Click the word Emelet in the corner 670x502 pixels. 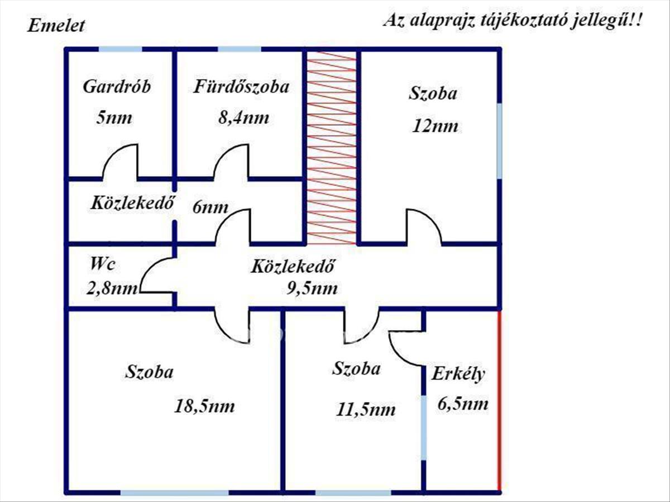pyautogui.click(x=56, y=26)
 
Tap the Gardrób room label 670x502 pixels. pyautogui.click(x=117, y=86)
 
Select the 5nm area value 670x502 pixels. pyautogui.click(x=114, y=117)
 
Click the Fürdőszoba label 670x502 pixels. pyautogui.click(x=241, y=86)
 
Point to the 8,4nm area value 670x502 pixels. pyautogui.click(x=243, y=118)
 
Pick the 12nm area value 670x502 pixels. pyautogui.click(x=435, y=126)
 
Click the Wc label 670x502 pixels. pyautogui.click(x=103, y=264)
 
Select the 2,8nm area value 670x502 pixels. pyautogui.click(x=112, y=288)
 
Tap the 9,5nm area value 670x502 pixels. pyautogui.click(x=312, y=288)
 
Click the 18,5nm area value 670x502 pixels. pyautogui.click(x=204, y=406)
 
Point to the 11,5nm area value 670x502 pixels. pyautogui.click(x=366, y=409)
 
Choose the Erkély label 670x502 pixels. pyautogui.click(x=458, y=374)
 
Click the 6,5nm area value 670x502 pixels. pyautogui.click(x=463, y=404)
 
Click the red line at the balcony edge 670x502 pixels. pyautogui.click(x=499, y=402)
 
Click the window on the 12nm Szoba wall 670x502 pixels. pyautogui.click(x=499, y=141)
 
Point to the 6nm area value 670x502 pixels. pyautogui.click(x=210, y=207)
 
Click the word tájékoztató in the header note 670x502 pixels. pyautogui.click(x=525, y=21)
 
